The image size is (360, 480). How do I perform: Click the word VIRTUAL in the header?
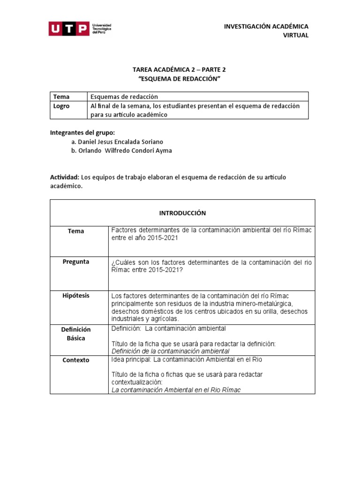[x=296, y=36]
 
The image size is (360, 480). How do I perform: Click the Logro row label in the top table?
[x=61, y=106]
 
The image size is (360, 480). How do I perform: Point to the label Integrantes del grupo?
[x=82, y=133]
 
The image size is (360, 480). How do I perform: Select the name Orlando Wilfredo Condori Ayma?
[x=121, y=150]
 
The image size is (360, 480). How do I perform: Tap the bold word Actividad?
[x=65, y=177]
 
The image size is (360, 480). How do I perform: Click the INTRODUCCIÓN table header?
[x=182, y=213]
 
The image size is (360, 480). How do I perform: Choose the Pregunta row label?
[x=76, y=262]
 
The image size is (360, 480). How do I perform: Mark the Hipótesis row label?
[x=76, y=296]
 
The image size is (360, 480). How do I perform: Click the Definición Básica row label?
[x=76, y=334]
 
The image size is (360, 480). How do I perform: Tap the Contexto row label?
[x=76, y=360]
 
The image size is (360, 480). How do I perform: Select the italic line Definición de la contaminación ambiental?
[x=170, y=351]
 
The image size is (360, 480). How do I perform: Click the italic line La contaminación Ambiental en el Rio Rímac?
[x=176, y=390]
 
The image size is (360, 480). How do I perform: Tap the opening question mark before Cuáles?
[x=113, y=262]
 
